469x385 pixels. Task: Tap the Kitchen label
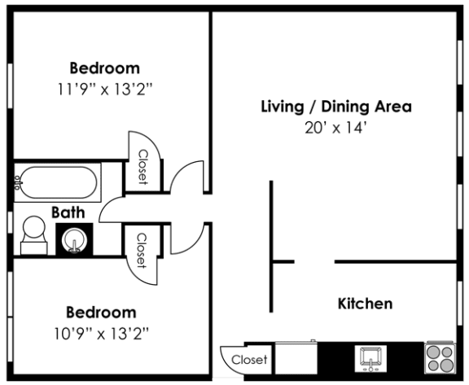tap(365, 304)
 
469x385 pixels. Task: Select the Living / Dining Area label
tap(335, 107)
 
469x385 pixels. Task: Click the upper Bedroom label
tap(104, 68)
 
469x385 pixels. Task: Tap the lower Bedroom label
tap(101, 312)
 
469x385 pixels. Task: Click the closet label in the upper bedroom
tap(142, 168)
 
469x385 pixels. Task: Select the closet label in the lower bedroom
tap(141, 251)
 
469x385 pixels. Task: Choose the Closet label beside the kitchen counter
tap(248, 359)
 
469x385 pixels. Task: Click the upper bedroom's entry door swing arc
tap(187, 175)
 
